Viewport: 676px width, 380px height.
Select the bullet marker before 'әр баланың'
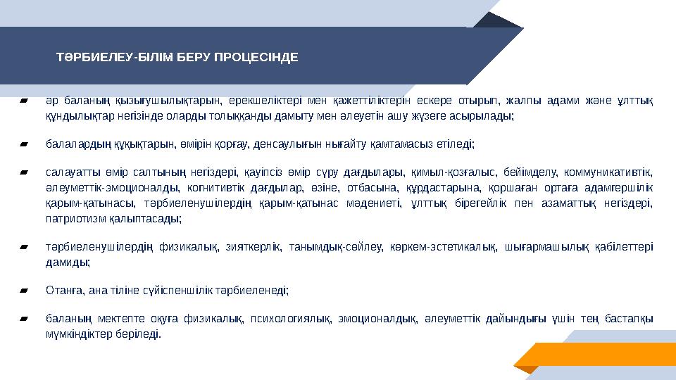25,101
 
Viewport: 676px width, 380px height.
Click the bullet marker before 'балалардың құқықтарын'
25,144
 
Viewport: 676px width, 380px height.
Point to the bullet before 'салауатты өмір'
25,172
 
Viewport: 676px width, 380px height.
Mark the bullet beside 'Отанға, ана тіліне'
25,290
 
